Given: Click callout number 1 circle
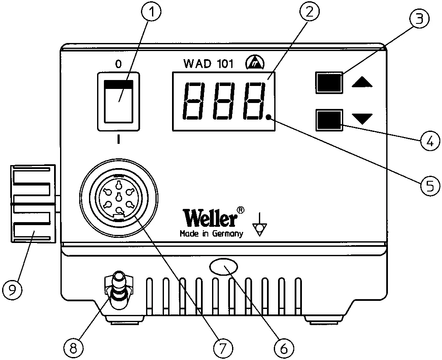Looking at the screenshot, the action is coord(151,11).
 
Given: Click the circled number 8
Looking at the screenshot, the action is coord(74,348).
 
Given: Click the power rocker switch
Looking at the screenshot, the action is coord(118,102).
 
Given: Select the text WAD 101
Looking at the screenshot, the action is coord(208,64).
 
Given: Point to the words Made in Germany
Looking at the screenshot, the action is coord(211,234).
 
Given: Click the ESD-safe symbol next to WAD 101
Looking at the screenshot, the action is coord(255,63).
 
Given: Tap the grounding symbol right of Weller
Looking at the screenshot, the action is coord(260,225).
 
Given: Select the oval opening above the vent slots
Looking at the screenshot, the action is coord(224,266).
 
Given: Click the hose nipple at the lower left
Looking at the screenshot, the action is coord(119,290).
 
